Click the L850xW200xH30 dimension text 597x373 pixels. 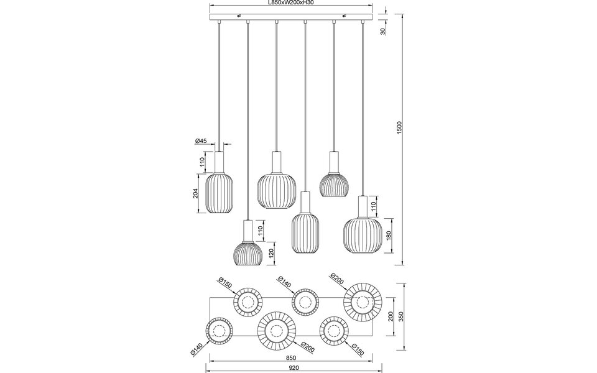[291, 3]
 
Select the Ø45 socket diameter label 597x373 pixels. [200, 141]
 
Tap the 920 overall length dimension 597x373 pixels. [291, 367]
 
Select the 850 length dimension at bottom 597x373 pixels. [291, 357]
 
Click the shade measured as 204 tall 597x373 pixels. [219, 192]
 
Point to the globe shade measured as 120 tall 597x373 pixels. [248, 254]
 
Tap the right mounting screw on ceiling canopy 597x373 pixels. [344, 16]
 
